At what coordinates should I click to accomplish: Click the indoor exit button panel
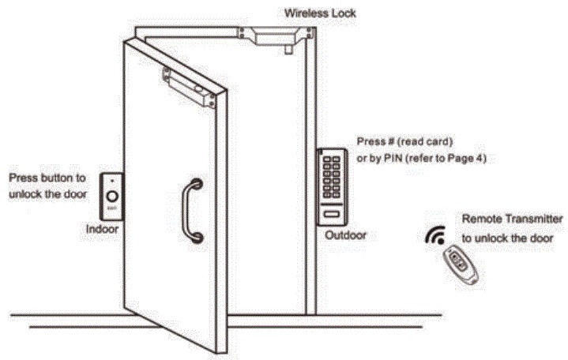click(113, 195)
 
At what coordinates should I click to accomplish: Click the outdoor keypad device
click(331, 186)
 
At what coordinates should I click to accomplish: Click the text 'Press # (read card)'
click(404, 142)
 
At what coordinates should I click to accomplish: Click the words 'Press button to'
click(47, 179)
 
